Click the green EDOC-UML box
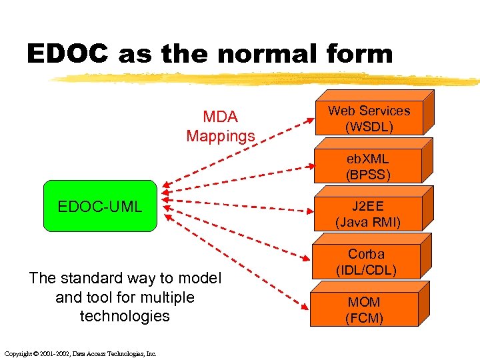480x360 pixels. pyautogui.click(x=100, y=206)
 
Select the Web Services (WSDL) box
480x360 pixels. pyautogui.click(x=369, y=119)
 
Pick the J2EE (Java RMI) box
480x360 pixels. pyautogui.click(x=368, y=214)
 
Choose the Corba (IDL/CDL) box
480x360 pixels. pyautogui.click(x=366, y=262)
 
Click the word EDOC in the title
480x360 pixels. pyautogui.click(x=67, y=54)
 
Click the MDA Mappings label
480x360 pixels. pyautogui.click(x=221, y=127)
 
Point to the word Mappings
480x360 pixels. pyautogui.click(x=221, y=137)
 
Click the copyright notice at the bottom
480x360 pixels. pyautogui.click(x=80, y=353)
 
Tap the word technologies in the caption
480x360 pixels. pyautogui.click(x=125, y=316)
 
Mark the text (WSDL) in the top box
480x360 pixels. pyautogui.click(x=369, y=127)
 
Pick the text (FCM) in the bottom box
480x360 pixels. pyautogui.click(x=364, y=319)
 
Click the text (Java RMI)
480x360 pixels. pyautogui.click(x=368, y=222)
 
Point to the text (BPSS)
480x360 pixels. pyautogui.click(x=367, y=175)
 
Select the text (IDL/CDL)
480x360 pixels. pyautogui.click(x=366, y=271)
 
